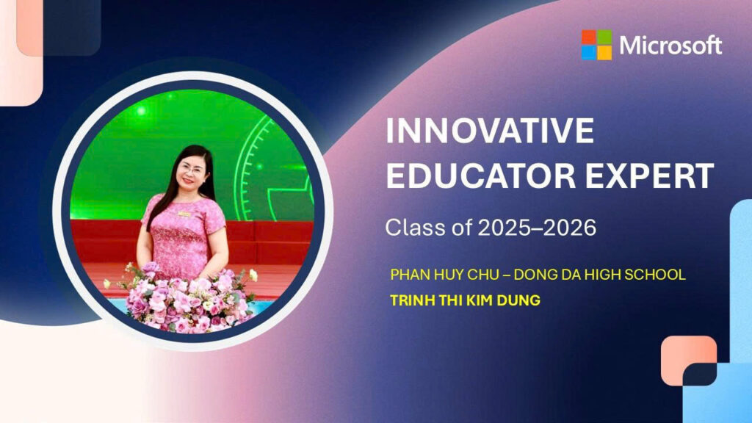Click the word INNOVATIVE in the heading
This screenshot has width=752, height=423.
click(490, 131)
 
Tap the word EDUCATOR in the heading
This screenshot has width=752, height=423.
click(480, 176)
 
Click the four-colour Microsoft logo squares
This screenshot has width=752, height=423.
click(596, 45)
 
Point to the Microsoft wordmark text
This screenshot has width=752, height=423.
click(670, 46)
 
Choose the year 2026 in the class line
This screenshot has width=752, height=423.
click(569, 228)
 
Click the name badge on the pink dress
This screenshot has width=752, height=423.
click(184, 214)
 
